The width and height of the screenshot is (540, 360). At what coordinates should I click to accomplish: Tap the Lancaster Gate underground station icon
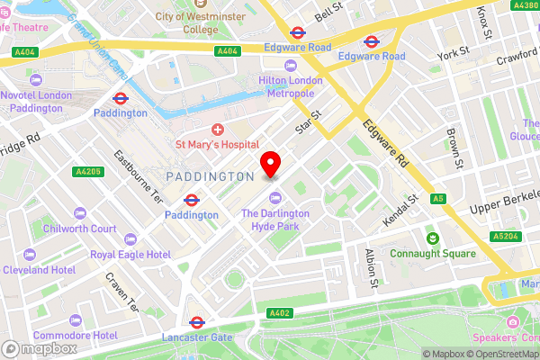point(196,321)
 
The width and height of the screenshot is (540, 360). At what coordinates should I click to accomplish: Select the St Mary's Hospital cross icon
point(217,130)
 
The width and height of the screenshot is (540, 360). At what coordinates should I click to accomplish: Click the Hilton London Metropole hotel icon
point(290,66)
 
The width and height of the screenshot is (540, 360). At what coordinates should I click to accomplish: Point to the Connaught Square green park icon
point(432,238)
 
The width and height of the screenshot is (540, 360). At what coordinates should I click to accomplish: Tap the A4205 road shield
point(88,171)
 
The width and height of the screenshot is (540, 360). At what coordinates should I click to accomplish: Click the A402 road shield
point(281,312)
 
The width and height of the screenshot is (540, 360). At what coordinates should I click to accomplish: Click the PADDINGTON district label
point(211,176)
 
